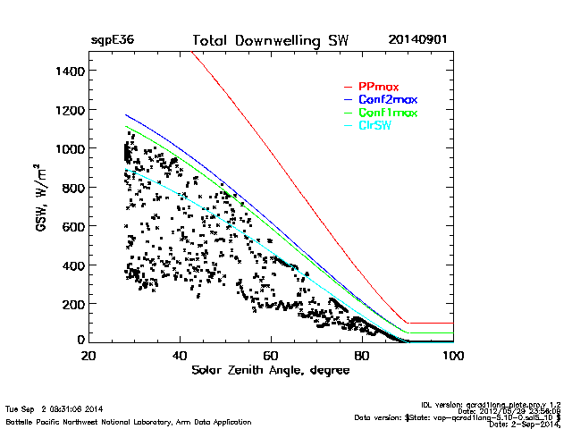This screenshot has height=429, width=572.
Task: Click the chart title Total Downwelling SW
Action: point(271,41)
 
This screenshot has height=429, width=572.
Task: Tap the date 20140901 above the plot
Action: point(418,41)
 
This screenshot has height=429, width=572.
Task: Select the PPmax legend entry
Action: point(378,87)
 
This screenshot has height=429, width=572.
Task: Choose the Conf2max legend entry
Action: point(388,99)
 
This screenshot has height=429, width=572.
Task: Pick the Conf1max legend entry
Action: point(388,113)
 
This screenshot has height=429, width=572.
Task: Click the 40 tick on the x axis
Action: point(180,356)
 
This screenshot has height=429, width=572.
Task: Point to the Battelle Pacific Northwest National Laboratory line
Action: point(129,421)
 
